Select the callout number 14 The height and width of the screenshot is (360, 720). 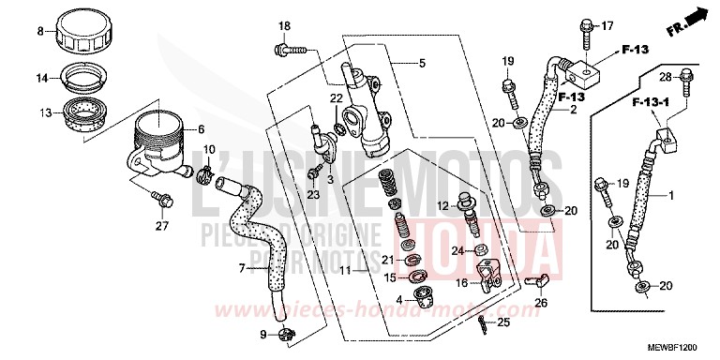tap(40, 79)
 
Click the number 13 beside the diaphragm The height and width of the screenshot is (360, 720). tap(40, 112)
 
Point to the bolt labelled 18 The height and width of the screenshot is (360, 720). tap(283, 46)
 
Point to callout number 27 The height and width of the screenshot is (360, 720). tap(162, 225)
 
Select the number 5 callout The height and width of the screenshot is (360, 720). tap(422, 63)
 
